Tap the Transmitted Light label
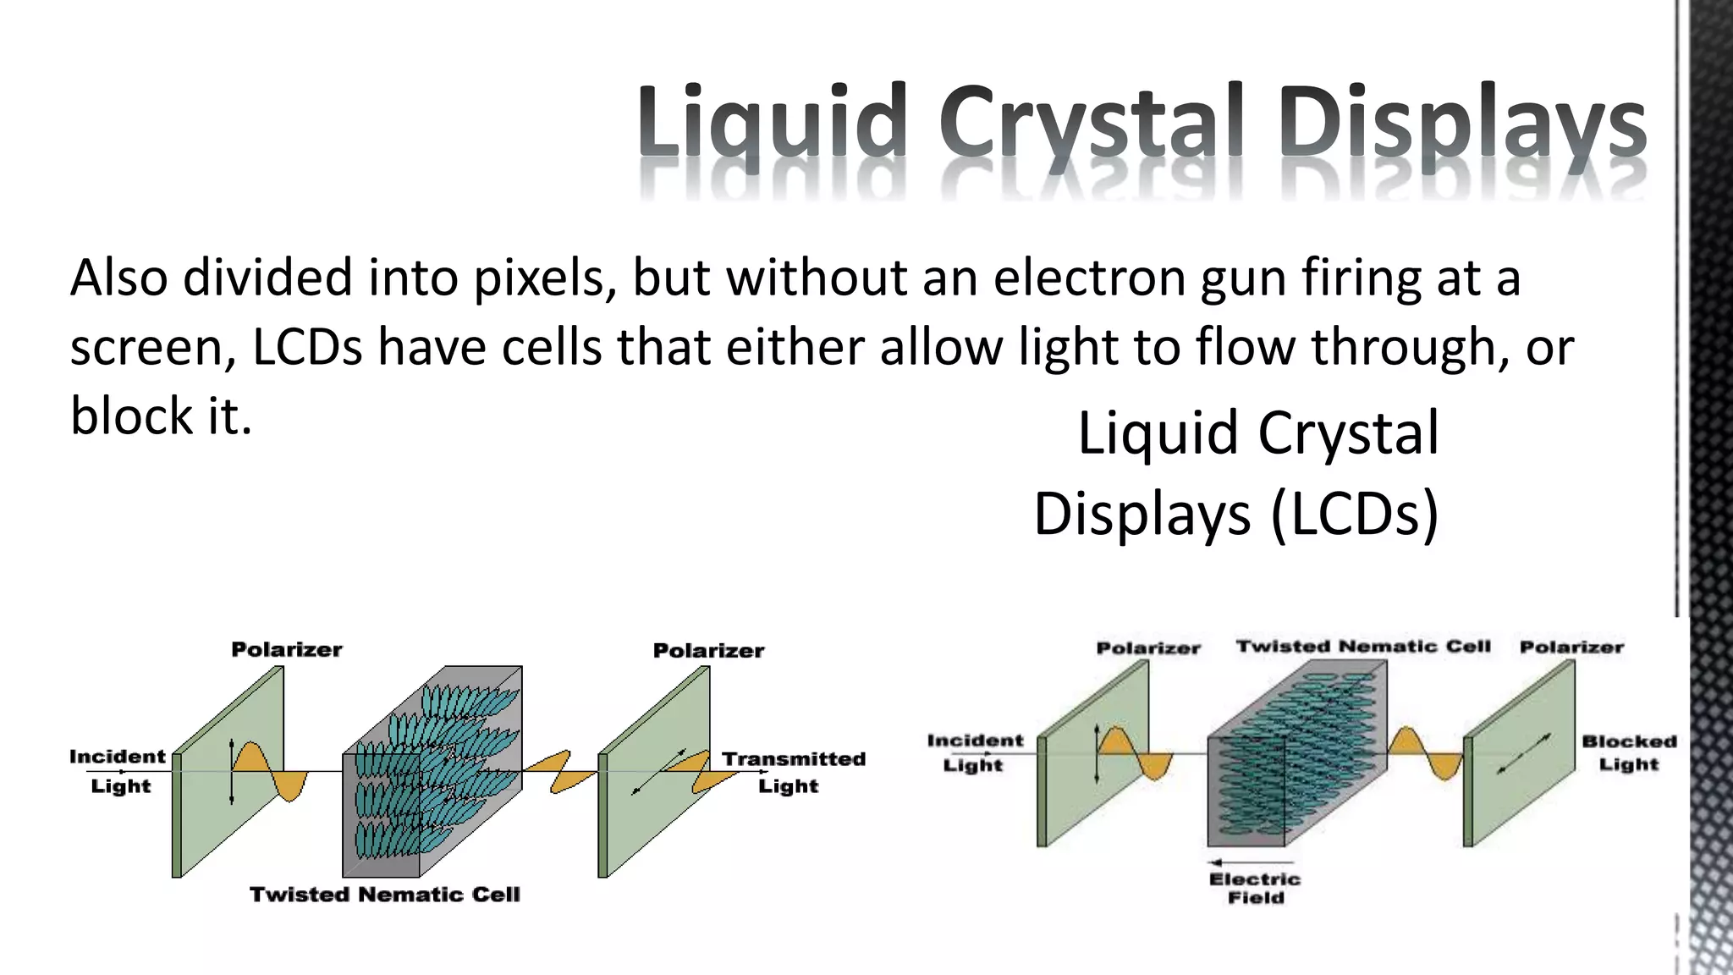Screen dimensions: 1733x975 (792, 772)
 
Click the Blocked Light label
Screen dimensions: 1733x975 (1629, 752)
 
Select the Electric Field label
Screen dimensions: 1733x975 (1255, 889)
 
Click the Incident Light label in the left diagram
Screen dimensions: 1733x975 (118, 770)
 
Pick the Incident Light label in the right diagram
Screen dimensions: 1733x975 (975, 752)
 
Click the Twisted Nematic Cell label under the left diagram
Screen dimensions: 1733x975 (384, 895)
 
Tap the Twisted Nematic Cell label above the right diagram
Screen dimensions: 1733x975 (1363, 647)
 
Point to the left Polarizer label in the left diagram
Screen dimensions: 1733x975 (287, 650)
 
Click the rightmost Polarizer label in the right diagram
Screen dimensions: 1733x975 (1571, 647)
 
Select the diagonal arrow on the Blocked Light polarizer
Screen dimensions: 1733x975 (1524, 753)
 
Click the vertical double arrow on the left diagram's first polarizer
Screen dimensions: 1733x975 (231, 771)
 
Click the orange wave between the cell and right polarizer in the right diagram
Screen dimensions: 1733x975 (1425, 753)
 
